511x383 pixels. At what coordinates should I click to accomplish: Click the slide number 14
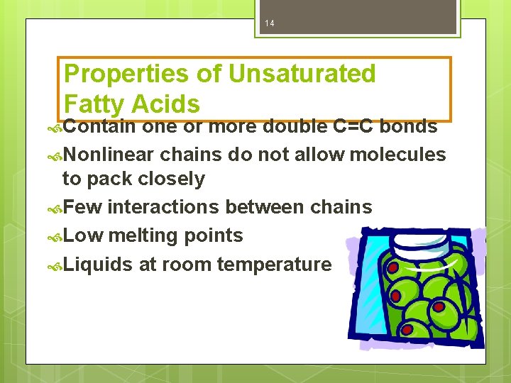pyautogui.click(x=270, y=24)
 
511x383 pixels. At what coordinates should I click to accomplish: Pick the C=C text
pyautogui.click(x=354, y=126)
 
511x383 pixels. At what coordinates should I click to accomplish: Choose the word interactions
pyautogui.click(x=163, y=206)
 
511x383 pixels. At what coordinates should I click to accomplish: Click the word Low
pyautogui.click(x=82, y=235)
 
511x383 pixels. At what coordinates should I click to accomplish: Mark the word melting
pyautogui.click(x=142, y=235)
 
